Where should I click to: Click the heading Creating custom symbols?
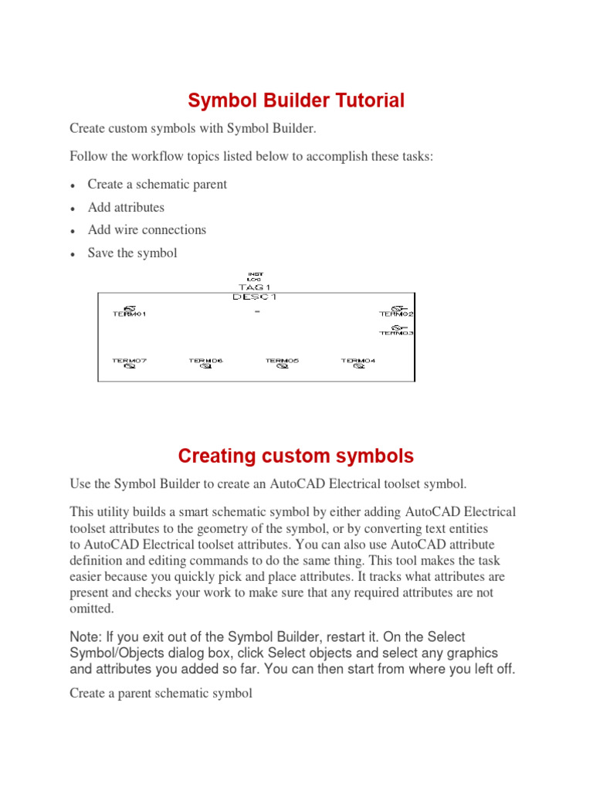pyautogui.click(x=296, y=456)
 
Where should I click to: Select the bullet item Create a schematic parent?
pyautogui.click(x=158, y=185)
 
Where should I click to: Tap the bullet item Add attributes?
pyautogui.click(x=126, y=207)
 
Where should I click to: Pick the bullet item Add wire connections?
pyautogui.click(x=147, y=229)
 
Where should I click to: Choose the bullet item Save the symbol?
pyautogui.click(x=132, y=253)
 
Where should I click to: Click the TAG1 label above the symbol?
pyautogui.click(x=255, y=287)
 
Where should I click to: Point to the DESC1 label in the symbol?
pyautogui.click(x=255, y=296)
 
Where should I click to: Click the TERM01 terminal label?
pyautogui.click(x=129, y=314)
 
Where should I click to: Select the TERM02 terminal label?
pyautogui.click(x=397, y=314)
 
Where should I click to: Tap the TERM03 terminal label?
pyautogui.click(x=397, y=333)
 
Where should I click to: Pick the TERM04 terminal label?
pyautogui.click(x=359, y=361)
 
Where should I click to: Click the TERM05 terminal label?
pyautogui.click(x=283, y=361)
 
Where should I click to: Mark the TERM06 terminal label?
pyautogui.click(x=206, y=361)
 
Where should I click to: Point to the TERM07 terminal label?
pyautogui.click(x=129, y=361)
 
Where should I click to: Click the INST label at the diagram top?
pyautogui.click(x=255, y=273)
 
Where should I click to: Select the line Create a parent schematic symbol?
pyautogui.click(x=161, y=693)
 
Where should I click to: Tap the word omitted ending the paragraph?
pyautogui.click(x=90, y=608)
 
